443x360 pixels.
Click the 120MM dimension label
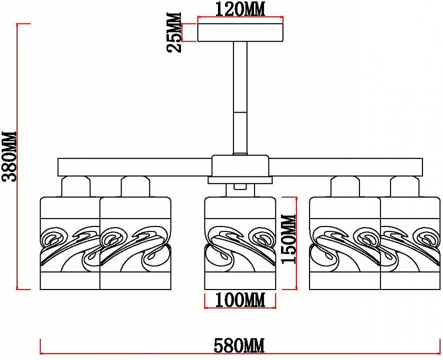[x=240, y=8]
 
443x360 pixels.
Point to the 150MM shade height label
[x=288, y=239]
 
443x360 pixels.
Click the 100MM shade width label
[x=239, y=300]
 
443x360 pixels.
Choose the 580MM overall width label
[x=238, y=345]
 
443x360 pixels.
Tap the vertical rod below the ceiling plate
[x=240, y=97]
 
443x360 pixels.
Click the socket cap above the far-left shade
[x=76, y=187]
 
